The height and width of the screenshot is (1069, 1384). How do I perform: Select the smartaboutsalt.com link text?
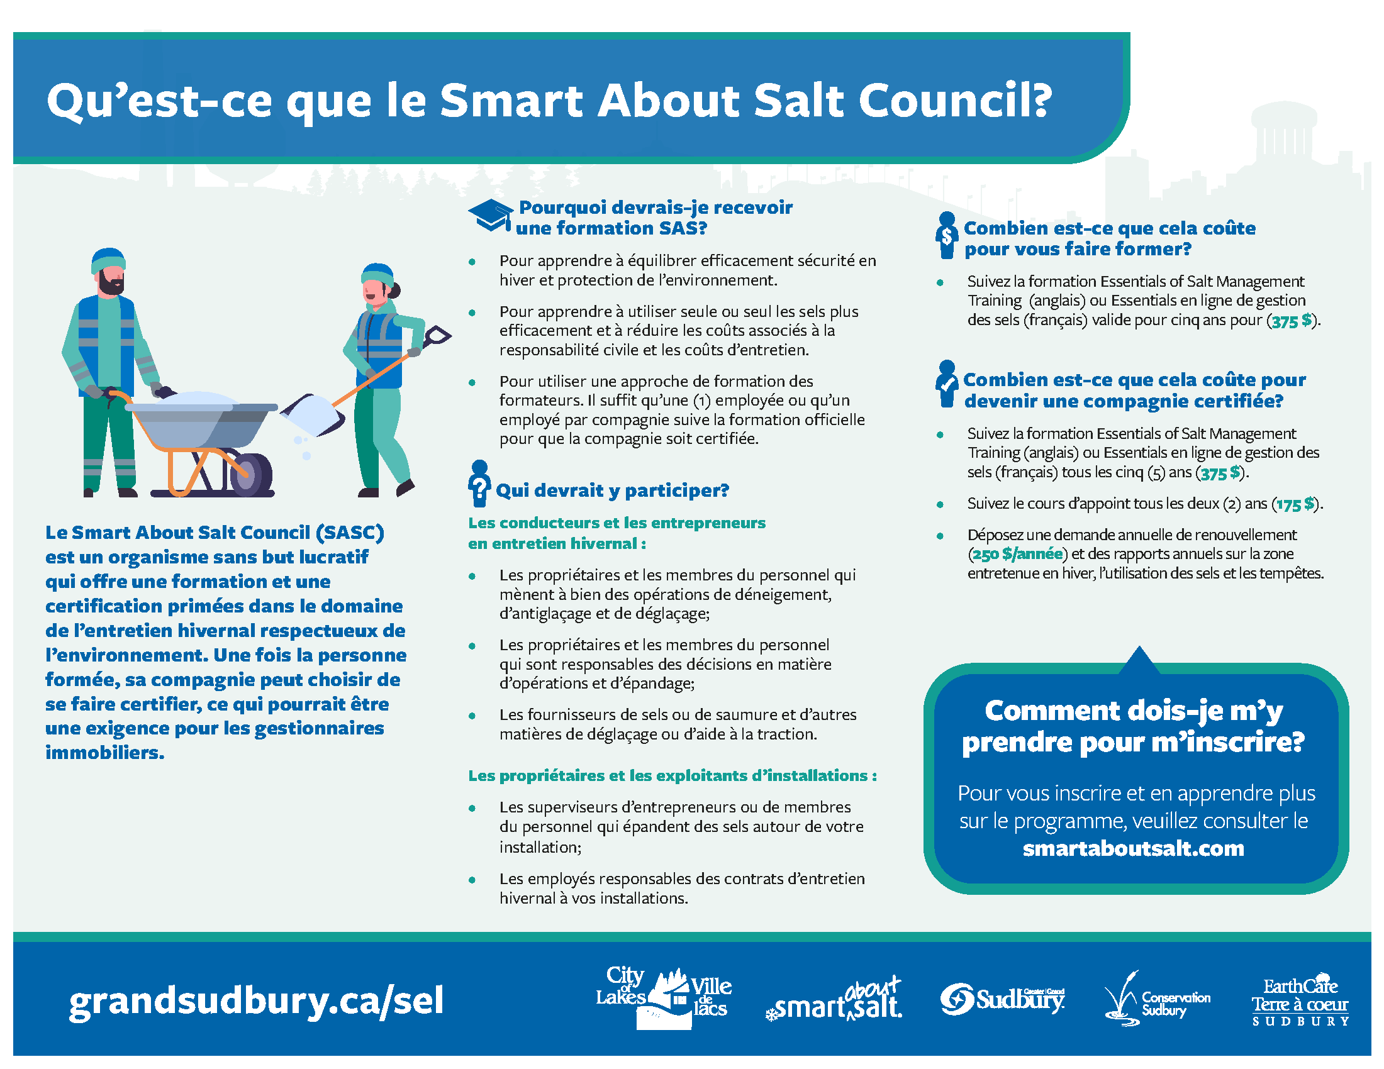click(x=1133, y=849)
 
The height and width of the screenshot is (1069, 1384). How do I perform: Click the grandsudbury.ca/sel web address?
click(x=256, y=1001)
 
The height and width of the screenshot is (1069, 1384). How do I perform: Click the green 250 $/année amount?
click(x=1018, y=555)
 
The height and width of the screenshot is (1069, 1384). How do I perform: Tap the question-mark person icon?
click(x=479, y=483)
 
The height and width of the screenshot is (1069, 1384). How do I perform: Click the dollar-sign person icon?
click(x=947, y=236)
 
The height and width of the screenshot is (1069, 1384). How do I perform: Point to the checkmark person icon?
click(x=947, y=384)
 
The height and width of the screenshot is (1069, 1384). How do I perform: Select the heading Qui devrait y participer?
click(x=612, y=490)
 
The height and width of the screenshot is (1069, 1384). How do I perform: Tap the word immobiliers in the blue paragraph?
click(x=104, y=753)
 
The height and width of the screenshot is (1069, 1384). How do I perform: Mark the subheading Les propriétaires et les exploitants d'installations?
click(x=672, y=776)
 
